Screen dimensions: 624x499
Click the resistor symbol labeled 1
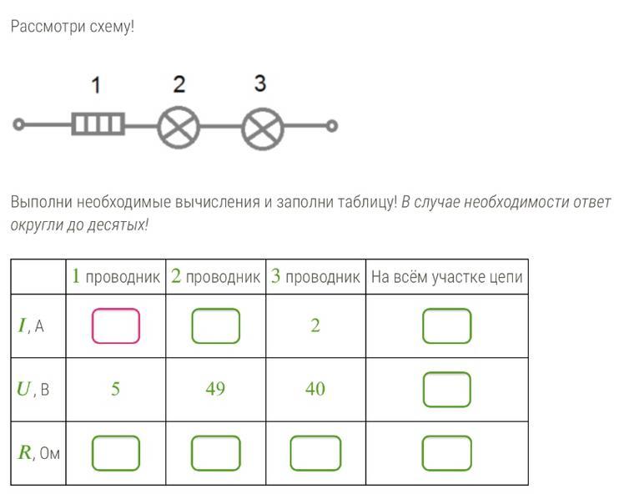pos(98,123)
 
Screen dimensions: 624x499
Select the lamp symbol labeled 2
pos(179,128)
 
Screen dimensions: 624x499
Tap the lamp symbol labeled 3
pos(263,129)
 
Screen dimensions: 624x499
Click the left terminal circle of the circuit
pos(18,124)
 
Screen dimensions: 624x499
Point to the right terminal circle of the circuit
pos(331,126)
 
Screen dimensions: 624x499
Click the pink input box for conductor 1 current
pos(116,326)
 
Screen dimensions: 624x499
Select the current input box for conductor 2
pos(216,326)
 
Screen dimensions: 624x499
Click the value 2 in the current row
pos(315,326)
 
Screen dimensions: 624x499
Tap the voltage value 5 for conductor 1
pos(115,389)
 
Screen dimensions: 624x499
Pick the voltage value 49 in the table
pos(215,389)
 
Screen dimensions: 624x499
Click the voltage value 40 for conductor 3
pos(315,389)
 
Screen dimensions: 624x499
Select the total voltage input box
pos(447,390)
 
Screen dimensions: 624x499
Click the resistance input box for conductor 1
pos(116,453)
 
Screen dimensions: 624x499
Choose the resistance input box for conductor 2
pos(216,453)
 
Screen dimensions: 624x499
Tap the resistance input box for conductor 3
pos(315,453)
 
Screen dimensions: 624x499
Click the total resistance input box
pos(447,453)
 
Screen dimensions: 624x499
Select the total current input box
pos(447,326)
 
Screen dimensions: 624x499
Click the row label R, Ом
pos(38,453)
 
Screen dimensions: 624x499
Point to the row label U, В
pos(33,389)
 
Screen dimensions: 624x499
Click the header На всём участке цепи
pos(447,277)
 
